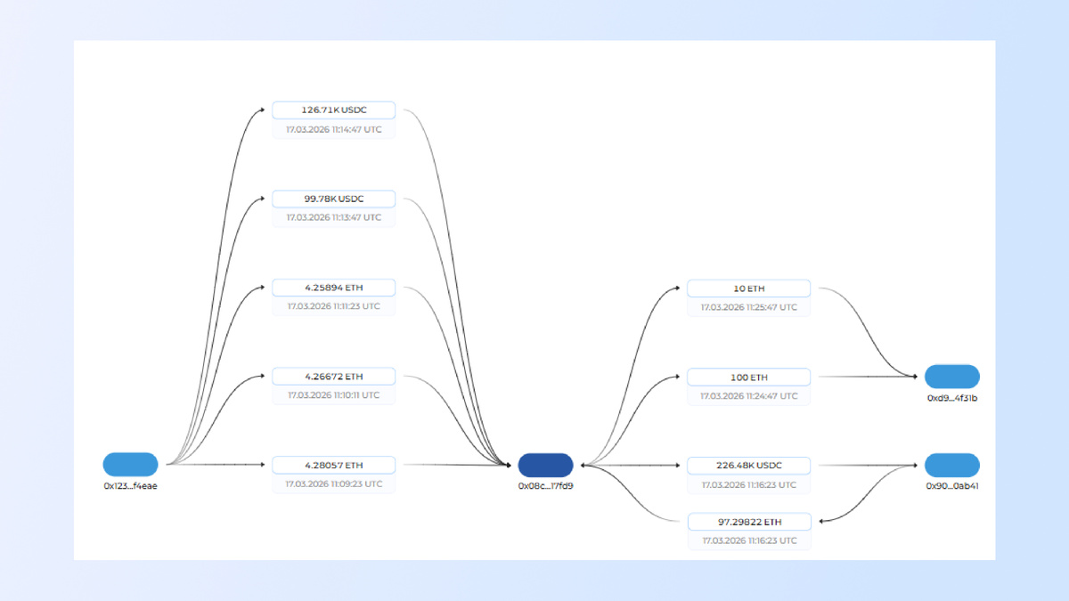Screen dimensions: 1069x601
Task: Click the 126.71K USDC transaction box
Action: tap(333, 110)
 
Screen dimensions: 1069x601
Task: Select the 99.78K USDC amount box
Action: tap(333, 199)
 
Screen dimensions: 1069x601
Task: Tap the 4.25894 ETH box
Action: tap(333, 288)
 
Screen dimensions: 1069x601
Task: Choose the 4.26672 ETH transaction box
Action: tap(333, 377)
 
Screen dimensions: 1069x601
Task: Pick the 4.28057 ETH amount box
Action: tap(333, 465)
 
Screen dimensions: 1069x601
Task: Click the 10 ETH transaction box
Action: tap(749, 288)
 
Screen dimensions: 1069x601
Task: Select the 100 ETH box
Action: tap(749, 378)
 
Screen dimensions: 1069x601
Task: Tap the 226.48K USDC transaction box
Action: tap(749, 466)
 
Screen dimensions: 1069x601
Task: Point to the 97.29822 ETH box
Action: tap(749, 522)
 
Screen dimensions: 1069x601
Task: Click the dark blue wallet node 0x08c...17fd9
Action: tap(545, 465)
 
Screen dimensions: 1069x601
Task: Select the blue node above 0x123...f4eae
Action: tap(130, 465)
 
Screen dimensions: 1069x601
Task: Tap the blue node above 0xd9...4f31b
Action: tap(952, 377)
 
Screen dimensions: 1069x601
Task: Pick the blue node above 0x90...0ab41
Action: tap(952, 465)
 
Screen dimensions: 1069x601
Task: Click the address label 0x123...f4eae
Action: tap(130, 486)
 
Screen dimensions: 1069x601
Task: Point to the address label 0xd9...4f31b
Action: tap(952, 398)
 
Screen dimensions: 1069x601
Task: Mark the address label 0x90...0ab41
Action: tap(952, 486)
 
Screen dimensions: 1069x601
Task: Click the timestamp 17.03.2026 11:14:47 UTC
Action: tap(333, 130)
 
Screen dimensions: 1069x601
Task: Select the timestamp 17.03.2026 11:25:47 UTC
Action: tap(749, 308)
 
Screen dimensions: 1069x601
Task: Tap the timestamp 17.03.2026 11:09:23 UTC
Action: tap(333, 484)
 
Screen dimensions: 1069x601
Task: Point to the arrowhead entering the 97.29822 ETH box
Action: tap(821, 522)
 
